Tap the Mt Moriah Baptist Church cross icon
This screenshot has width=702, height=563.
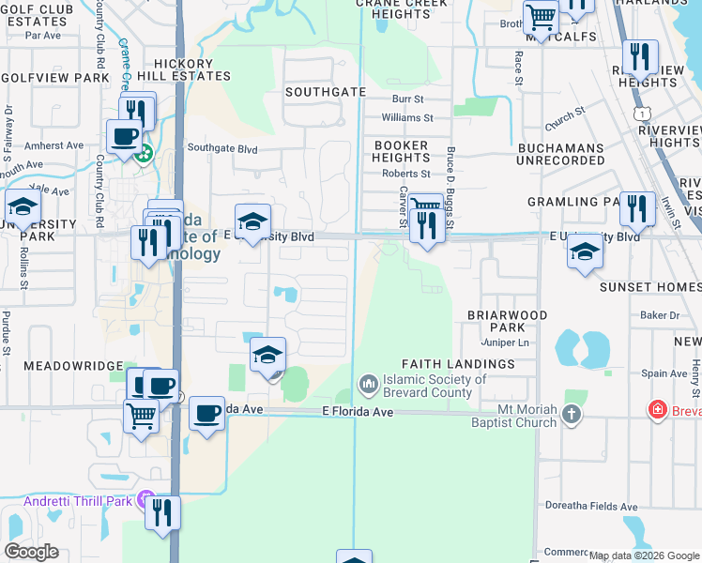(572, 415)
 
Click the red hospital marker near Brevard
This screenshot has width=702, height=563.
(658, 410)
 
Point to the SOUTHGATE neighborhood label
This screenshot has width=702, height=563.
(325, 93)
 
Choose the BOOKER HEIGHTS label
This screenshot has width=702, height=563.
(401, 152)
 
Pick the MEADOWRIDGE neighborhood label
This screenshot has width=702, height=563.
(73, 365)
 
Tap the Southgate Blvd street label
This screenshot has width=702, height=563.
(222, 148)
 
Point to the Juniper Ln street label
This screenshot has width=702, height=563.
(505, 343)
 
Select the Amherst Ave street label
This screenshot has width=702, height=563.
(53, 145)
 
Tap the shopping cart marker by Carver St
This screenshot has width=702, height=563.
(426, 205)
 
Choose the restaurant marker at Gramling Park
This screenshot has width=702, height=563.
(637, 208)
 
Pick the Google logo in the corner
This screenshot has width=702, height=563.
(32, 552)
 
